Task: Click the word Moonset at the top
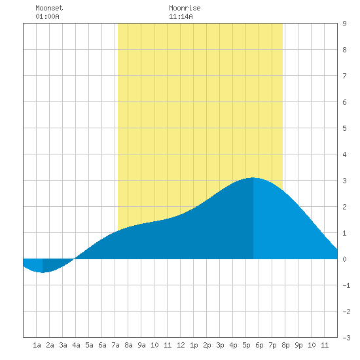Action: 49,8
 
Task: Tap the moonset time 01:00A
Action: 47,16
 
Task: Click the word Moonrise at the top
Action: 185,8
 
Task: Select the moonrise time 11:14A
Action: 181,16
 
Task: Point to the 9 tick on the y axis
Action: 344,24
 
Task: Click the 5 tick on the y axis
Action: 344,128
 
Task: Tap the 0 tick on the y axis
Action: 344,259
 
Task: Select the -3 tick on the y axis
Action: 346,338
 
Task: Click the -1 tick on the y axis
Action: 346,285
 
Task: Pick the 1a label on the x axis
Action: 37,345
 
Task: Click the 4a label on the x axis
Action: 76,345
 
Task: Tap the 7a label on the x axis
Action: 115,345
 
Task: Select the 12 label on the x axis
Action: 181,345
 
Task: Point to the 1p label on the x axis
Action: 194,345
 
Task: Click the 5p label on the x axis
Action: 246,345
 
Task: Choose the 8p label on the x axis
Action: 285,345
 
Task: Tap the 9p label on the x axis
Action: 298,345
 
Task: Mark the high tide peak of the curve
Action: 253,177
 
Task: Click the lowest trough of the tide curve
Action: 43,272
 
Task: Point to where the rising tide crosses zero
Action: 75,259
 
